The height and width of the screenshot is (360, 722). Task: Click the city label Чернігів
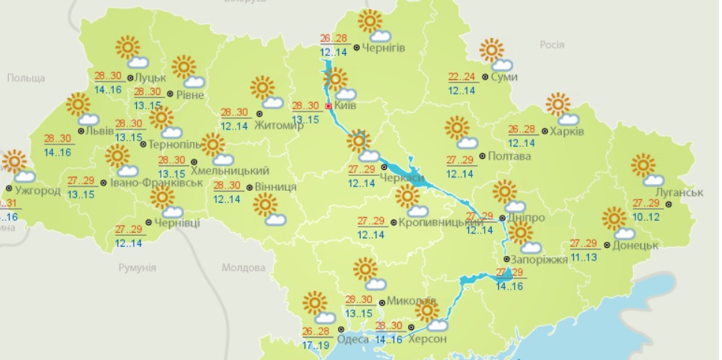click(384, 49)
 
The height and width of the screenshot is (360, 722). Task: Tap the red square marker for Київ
click(328, 106)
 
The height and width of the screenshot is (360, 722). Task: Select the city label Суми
click(505, 76)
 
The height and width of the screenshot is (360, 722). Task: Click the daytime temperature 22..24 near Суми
click(462, 76)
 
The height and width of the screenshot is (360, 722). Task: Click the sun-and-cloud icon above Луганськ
click(647, 170)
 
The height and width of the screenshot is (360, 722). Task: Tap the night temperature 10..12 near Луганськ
click(646, 216)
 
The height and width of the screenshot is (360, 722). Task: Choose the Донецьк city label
click(634, 245)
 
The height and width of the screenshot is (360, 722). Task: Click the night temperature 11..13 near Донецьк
click(584, 257)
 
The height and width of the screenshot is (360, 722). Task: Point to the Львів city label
click(100, 131)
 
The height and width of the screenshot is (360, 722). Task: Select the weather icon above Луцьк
click(130, 52)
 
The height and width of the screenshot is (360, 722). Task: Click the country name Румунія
click(137, 267)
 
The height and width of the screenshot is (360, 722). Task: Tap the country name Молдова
click(244, 267)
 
